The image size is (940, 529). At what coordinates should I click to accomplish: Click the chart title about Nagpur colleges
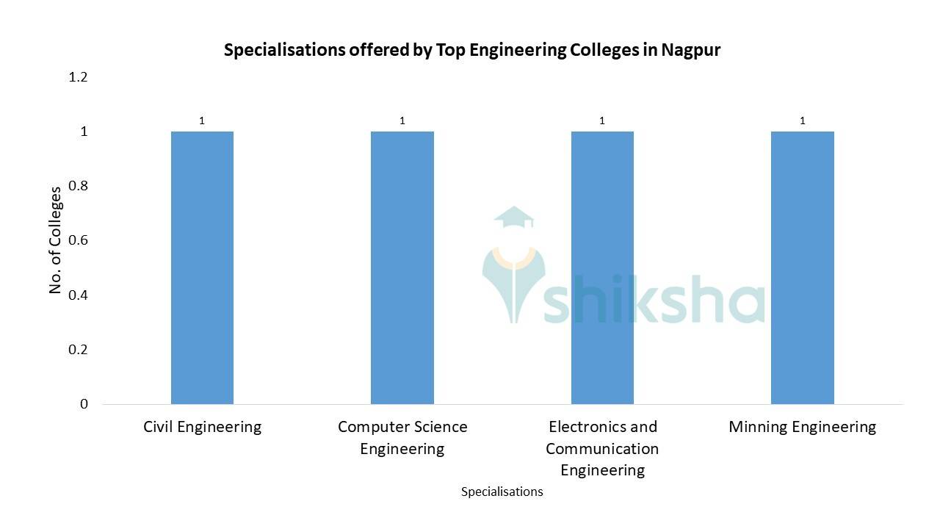tap(471, 50)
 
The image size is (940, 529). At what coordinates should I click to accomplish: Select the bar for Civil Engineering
tap(202, 267)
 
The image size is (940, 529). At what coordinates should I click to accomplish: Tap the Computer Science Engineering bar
tap(402, 267)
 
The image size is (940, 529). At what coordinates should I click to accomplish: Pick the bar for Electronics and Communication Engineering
tap(602, 267)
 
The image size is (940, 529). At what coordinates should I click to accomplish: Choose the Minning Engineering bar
tap(802, 267)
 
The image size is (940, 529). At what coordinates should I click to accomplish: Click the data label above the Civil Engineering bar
tap(202, 120)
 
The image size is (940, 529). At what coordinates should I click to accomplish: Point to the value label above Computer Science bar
tap(402, 120)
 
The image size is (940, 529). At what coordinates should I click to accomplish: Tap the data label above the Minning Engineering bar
tap(802, 120)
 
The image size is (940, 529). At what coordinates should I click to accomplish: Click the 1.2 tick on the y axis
tap(78, 77)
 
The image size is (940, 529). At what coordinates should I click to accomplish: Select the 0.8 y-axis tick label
tap(78, 186)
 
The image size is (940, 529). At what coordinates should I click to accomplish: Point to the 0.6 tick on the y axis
tap(78, 240)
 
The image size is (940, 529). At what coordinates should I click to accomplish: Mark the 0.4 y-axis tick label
tap(78, 295)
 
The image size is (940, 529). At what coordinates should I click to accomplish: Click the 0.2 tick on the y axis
tap(78, 349)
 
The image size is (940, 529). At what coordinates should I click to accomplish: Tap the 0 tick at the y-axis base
tap(84, 403)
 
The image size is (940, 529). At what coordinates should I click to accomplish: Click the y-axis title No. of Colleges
tap(55, 240)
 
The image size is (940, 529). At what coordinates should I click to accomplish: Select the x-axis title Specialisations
tap(502, 492)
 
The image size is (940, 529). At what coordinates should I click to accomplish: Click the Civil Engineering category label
tap(202, 427)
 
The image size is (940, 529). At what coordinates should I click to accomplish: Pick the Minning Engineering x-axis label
tap(802, 427)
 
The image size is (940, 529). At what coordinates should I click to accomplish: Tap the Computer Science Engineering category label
tap(402, 437)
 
